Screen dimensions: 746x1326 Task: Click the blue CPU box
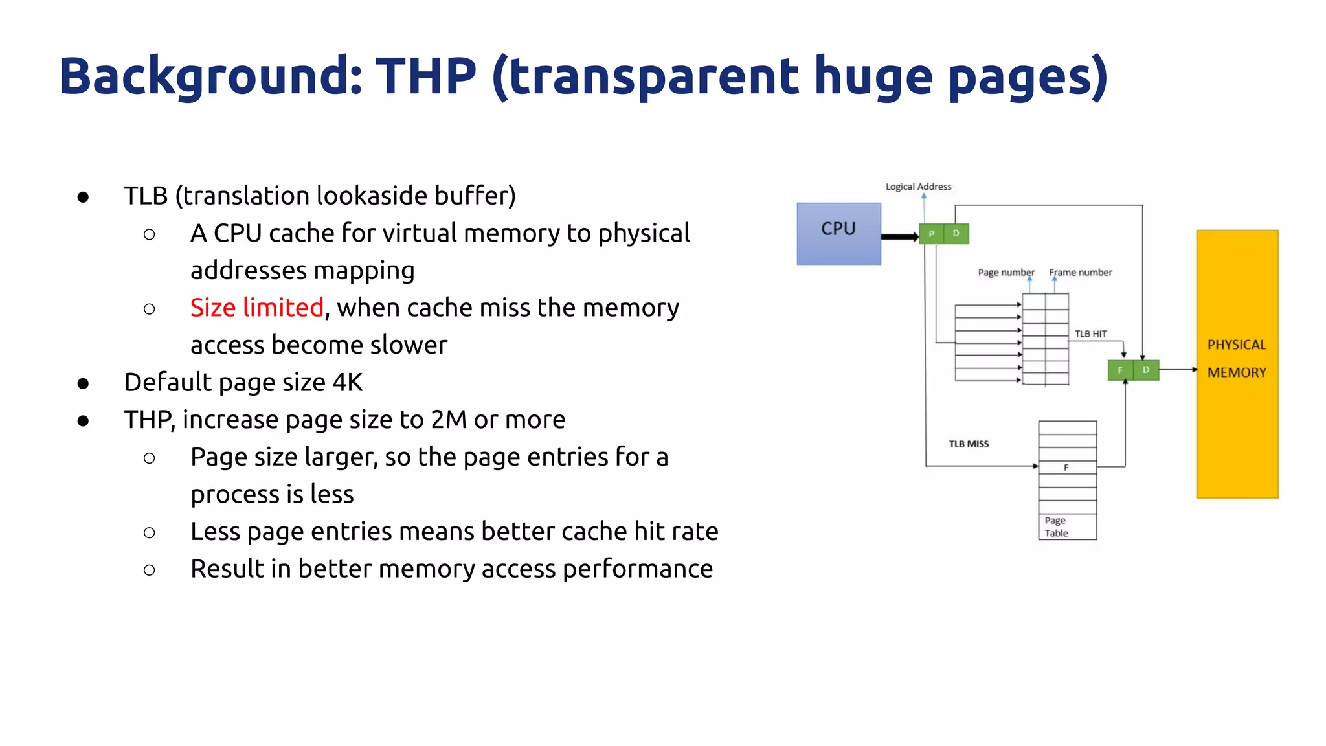pyautogui.click(x=838, y=233)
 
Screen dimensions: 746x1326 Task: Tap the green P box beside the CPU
pyautogui.click(x=931, y=233)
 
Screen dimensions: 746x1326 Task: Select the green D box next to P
pyautogui.click(x=956, y=233)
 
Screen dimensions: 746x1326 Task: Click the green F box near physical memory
pyautogui.click(x=1120, y=370)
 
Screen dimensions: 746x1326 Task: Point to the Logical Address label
pyautogui.click(x=918, y=186)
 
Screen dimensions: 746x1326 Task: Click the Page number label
pyautogui.click(x=1006, y=273)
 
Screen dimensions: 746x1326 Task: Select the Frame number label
pyautogui.click(x=1080, y=273)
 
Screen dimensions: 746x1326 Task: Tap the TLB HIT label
pyautogui.click(x=1090, y=334)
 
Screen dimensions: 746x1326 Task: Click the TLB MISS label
pyautogui.click(x=969, y=444)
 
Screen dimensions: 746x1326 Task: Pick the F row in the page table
pyautogui.click(x=1067, y=468)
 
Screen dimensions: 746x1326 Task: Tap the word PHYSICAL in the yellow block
pyautogui.click(x=1237, y=345)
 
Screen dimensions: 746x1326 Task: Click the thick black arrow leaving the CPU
pyautogui.click(x=899, y=237)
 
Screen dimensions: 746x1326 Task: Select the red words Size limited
pyautogui.click(x=256, y=308)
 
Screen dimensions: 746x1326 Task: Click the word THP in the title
pyautogui.click(x=425, y=76)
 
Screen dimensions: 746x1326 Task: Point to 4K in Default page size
pyautogui.click(x=348, y=383)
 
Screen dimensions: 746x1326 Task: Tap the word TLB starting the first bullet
pyautogui.click(x=146, y=196)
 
